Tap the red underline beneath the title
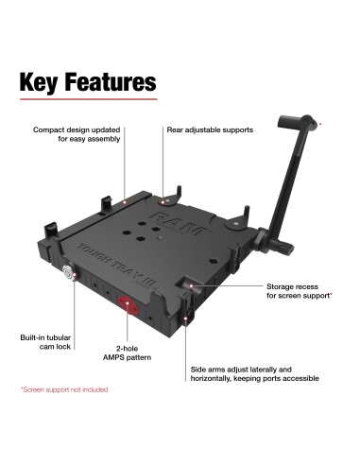(87, 100)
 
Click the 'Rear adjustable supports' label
(211, 129)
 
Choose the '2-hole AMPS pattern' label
(129, 353)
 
